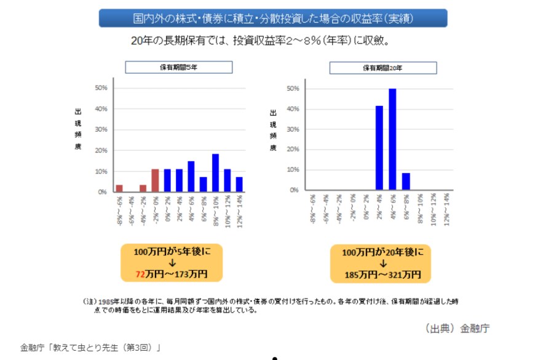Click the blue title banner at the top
[x=273, y=18]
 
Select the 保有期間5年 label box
[x=179, y=67]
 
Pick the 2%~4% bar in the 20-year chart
[x=379, y=148]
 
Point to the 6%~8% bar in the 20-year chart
[x=405, y=182]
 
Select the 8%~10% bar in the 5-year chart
[x=215, y=173]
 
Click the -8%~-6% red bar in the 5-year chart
[x=119, y=188]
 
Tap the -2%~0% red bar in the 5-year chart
[x=155, y=180]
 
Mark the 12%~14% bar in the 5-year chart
[x=239, y=184]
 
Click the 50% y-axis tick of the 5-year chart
[x=101, y=88]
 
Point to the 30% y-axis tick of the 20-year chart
[x=293, y=129]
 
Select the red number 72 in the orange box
[x=142, y=273]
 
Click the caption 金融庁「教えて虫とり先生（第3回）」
[x=90, y=348]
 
